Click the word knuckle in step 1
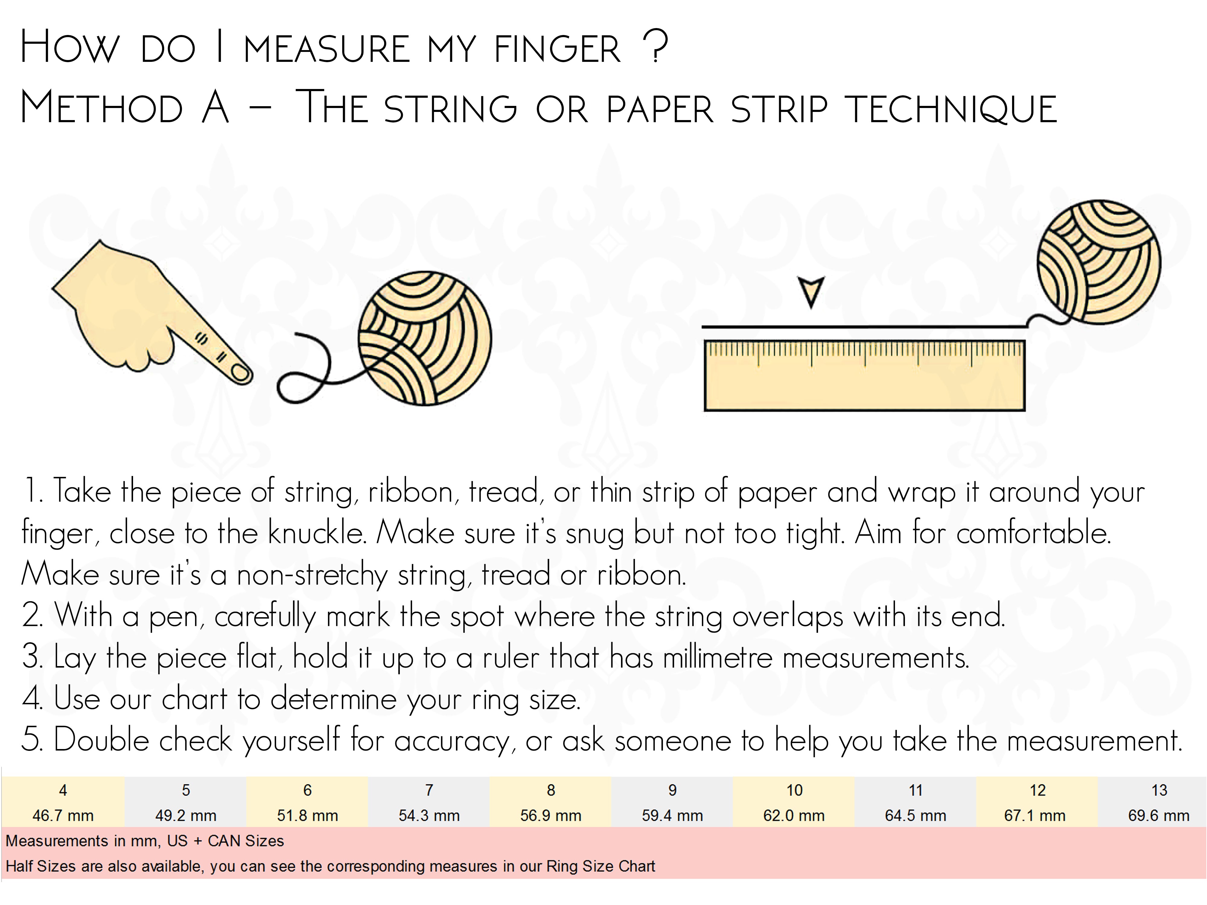click(x=317, y=533)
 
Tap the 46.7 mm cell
click(x=63, y=815)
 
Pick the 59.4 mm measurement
click(x=672, y=815)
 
